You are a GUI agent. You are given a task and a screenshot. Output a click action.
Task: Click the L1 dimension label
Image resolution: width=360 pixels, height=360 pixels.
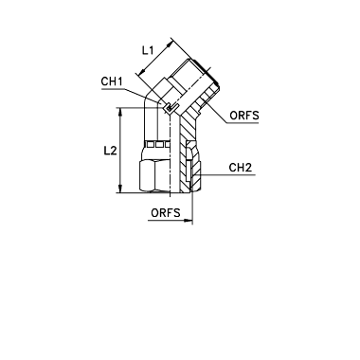[148, 50]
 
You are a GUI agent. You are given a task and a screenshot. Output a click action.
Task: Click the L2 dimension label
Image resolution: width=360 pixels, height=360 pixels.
[111, 151]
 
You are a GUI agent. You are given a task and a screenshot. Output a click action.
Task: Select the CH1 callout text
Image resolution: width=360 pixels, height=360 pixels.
[112, 81]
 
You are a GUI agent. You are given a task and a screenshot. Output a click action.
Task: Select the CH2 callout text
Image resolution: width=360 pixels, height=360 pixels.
[241, 168]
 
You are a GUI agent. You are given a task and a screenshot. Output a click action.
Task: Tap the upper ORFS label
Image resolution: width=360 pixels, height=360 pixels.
[244, 116]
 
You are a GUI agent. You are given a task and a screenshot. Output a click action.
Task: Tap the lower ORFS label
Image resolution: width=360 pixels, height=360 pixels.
[166, 213]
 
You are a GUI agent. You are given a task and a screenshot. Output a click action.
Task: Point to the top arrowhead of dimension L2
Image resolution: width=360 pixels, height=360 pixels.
[120, 111]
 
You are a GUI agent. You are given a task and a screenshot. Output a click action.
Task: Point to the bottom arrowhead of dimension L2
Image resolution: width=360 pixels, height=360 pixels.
[120, 189]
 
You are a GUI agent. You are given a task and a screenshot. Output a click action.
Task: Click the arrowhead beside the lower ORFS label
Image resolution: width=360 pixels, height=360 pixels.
[189, 220]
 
